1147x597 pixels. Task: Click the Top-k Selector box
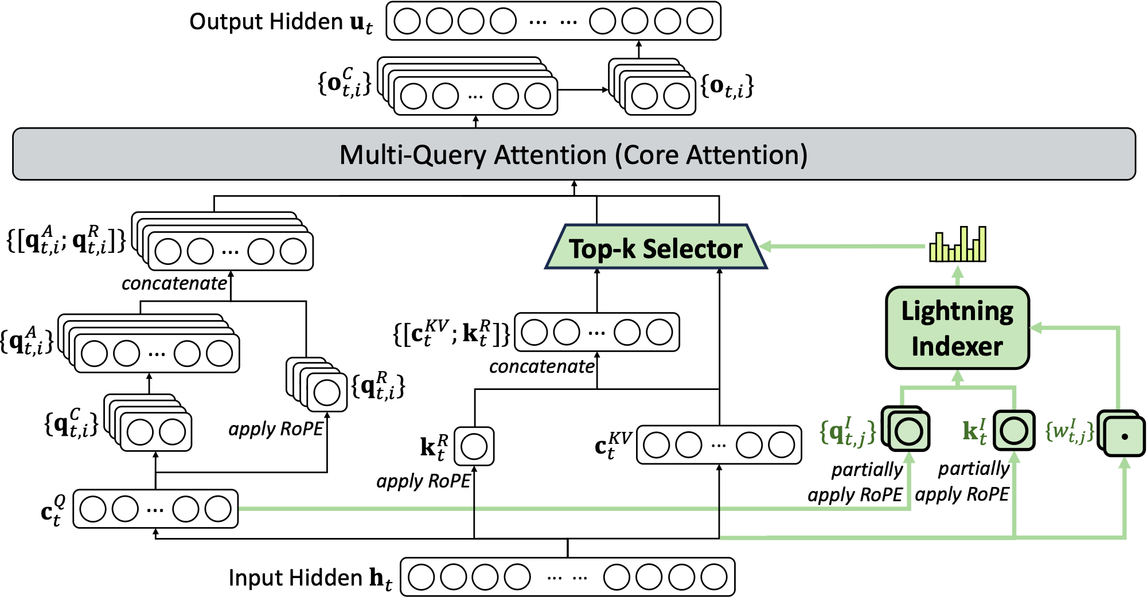(656, 248)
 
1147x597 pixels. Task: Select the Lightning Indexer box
(957, 328)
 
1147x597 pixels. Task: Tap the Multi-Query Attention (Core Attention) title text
(573, 155)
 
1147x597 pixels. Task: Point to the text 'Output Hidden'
(266, 22)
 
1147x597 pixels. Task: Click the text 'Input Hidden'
(295, 578)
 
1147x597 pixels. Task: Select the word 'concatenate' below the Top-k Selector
(541, 366)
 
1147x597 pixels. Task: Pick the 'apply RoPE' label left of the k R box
(423, 481)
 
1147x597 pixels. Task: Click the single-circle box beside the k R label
(474, 446)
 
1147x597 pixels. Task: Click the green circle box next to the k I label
(1014, 431)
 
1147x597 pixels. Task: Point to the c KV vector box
(719, 445)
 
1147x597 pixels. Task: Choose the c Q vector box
(155, 509)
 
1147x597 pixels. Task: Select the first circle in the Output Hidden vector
(407, 21)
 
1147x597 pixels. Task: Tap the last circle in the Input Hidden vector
(714, 577)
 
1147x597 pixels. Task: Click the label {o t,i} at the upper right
(727, 87)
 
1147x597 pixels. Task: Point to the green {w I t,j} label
(1070, 431)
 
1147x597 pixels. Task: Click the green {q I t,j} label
(848, 432)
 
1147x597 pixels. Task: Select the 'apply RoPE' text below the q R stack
(276, 429)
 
